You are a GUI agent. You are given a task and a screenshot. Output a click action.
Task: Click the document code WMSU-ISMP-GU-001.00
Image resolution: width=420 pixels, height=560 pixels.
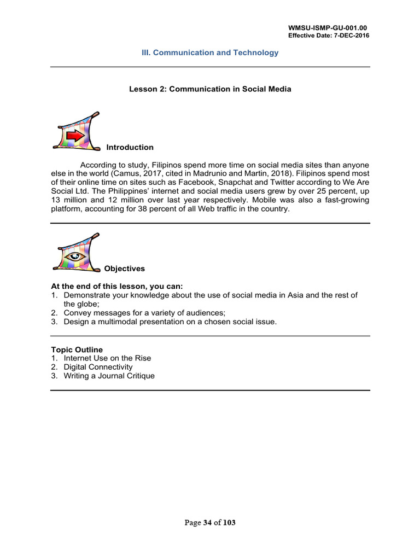(x=329, y=27)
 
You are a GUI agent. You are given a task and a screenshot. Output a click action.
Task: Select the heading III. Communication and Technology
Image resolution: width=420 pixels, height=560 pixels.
(x=210, y=52)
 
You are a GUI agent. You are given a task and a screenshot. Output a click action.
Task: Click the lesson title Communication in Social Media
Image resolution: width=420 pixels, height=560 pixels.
(x=230, y=89)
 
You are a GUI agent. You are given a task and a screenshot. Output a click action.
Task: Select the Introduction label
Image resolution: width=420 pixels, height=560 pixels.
(x=130, y=147)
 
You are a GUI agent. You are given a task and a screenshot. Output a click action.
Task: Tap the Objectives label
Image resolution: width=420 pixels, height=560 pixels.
(x=125, y=269)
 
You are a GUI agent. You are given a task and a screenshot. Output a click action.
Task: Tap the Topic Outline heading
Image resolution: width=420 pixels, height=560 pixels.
(x=77, y=349)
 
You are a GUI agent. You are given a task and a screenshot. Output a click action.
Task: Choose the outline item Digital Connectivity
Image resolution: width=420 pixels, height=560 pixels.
(x=98, y=367)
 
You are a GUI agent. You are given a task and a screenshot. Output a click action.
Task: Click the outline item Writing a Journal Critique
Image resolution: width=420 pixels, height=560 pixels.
(x=109, y=376)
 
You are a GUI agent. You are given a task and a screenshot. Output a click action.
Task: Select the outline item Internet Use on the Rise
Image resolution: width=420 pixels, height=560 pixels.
(x=107, y=358)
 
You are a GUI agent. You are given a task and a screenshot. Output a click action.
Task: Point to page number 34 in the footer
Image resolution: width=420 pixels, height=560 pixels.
(x=208, y=523)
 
